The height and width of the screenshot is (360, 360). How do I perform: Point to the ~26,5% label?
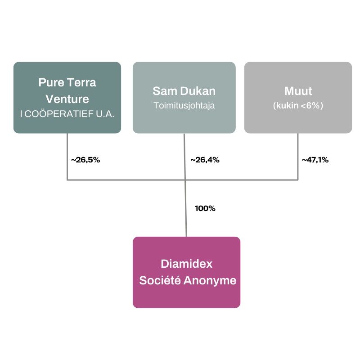85,159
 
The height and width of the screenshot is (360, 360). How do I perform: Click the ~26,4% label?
205,160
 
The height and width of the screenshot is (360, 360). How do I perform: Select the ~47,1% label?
315,160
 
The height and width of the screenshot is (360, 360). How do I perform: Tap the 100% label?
205,208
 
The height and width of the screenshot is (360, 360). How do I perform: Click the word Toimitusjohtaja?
184,106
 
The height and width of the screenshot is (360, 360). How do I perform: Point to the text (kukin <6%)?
298,106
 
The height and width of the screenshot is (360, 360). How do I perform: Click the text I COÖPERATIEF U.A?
67,114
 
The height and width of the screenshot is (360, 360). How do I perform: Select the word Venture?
67,99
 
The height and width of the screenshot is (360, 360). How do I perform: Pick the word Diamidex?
186,264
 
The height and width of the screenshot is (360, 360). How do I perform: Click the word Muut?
298,91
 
